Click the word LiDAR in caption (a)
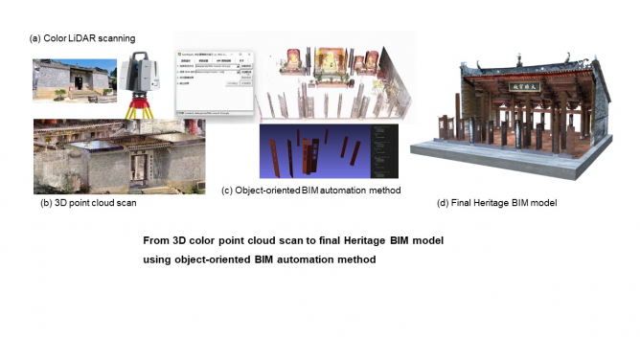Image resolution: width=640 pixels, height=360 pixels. coord(84,38)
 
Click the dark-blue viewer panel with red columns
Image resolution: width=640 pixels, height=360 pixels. coord(316,150)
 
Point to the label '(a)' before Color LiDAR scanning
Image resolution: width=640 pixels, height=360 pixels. coord(35,38)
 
